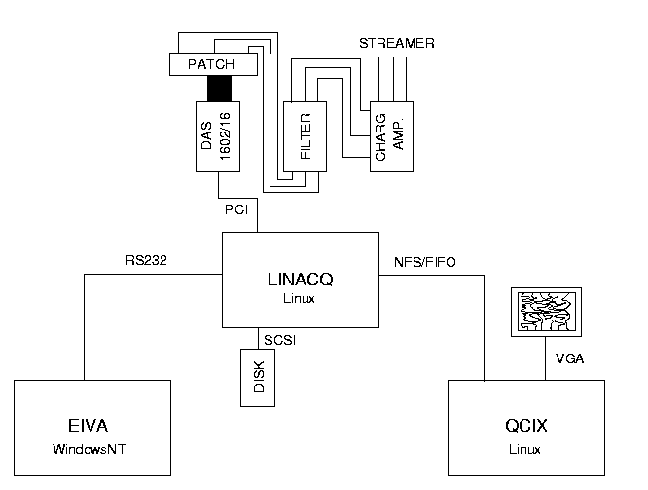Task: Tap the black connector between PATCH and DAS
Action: coord(220,88)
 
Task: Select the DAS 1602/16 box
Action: coord(220,136)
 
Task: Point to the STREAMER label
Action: coord(396,44)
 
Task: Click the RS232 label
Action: coord(146,261)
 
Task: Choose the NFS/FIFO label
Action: coord(423,261)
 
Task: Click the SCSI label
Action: coord(279,339)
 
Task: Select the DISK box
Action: coord(259,376)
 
